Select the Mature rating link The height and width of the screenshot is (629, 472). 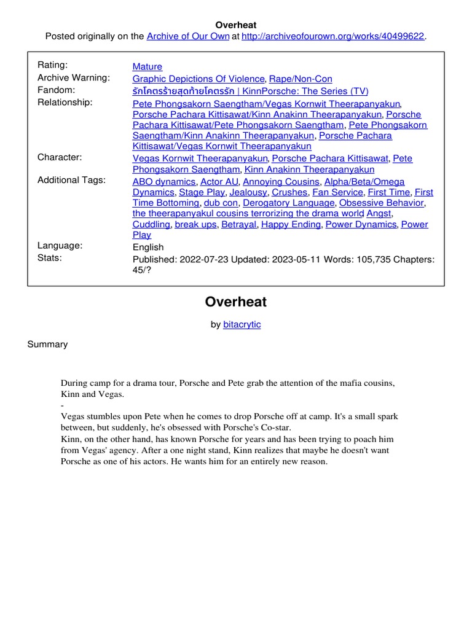click(147, 66)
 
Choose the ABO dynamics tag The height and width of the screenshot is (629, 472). click(164, 182)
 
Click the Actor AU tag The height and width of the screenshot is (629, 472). click(219, 182)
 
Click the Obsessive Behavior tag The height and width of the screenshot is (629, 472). click(381, 203)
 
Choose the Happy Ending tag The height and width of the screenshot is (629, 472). click(291, 224)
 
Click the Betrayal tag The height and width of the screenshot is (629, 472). click(238, 224)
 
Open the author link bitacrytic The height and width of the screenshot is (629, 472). click(242, 324)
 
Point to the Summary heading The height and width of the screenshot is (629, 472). click(47, 344)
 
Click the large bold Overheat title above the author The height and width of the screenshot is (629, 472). click(235, 302)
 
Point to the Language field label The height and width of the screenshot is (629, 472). click(60, 245)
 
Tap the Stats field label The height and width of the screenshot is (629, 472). click(50, 257)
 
